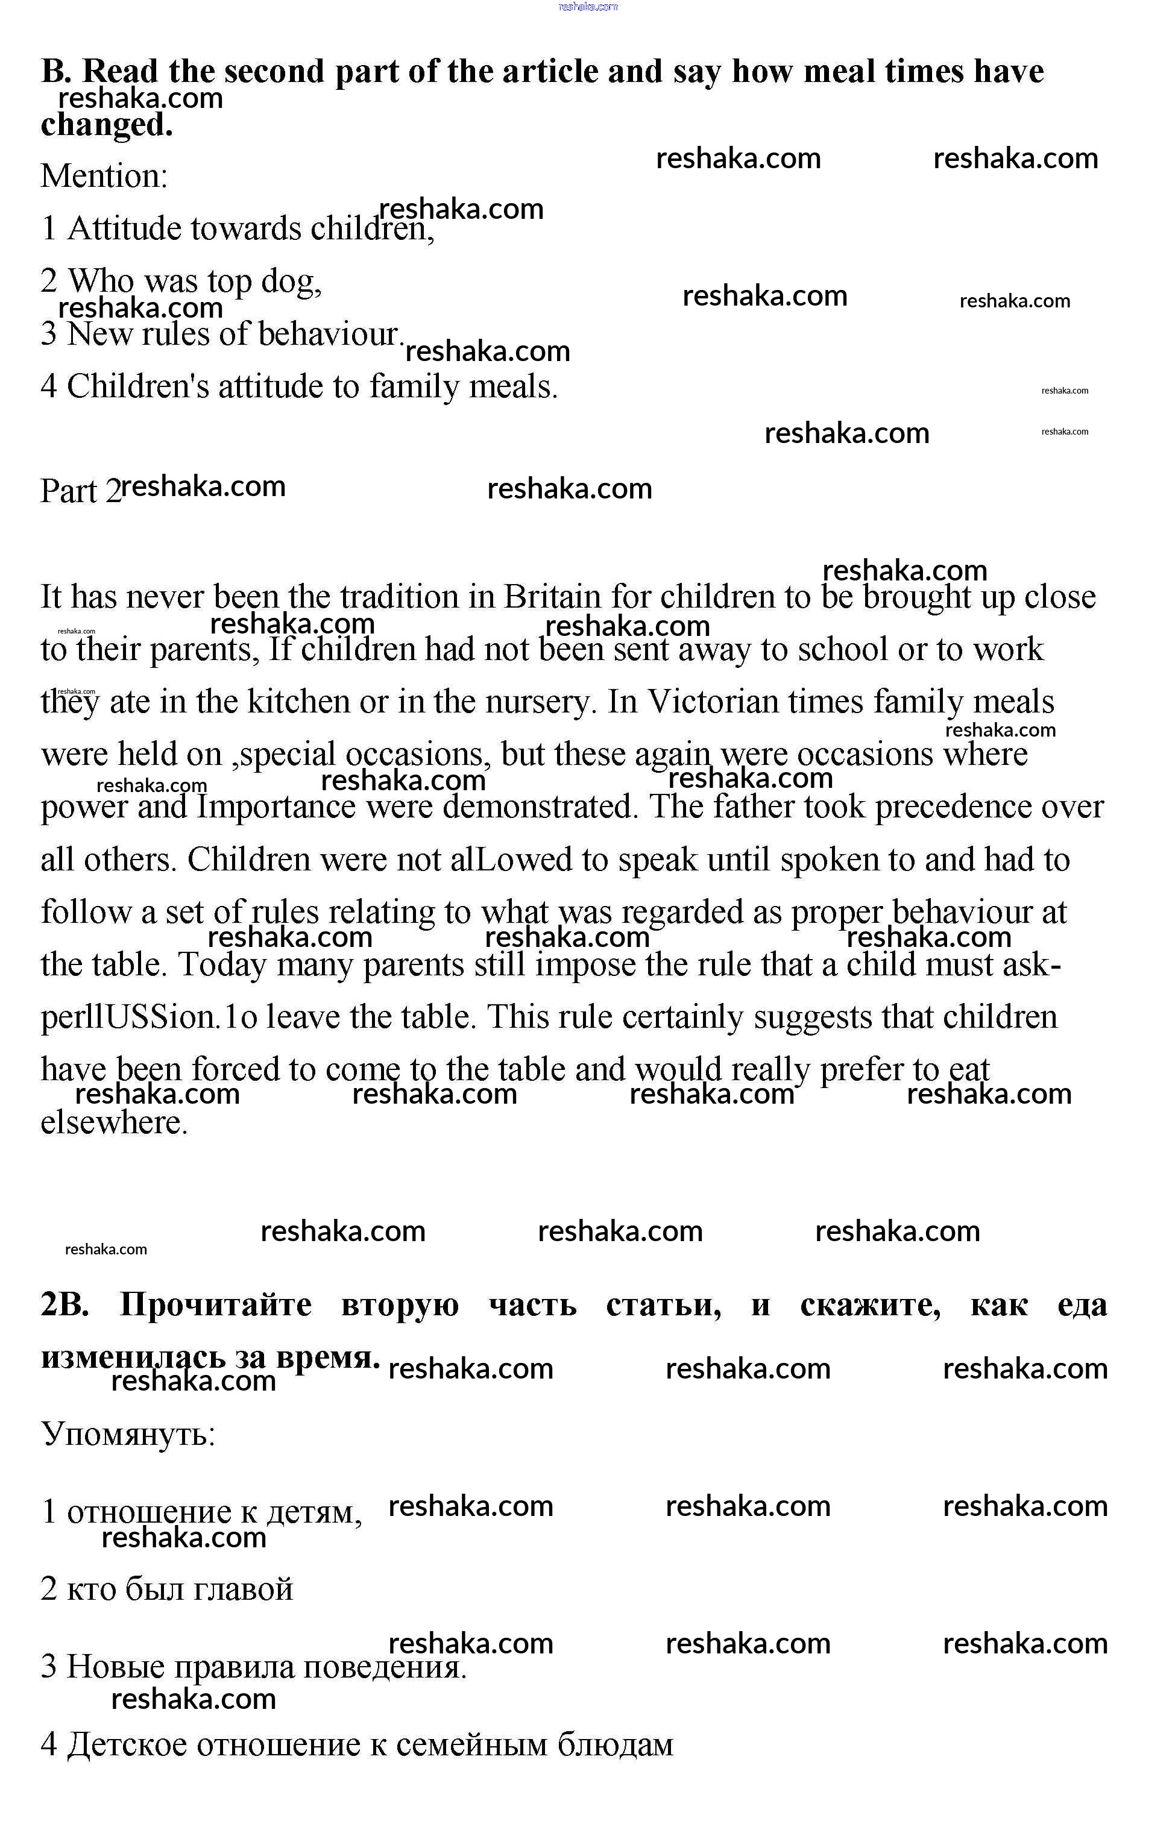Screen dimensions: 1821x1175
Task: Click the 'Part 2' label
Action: point(80,491)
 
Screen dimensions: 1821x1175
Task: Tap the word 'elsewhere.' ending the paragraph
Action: point(115,1122)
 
